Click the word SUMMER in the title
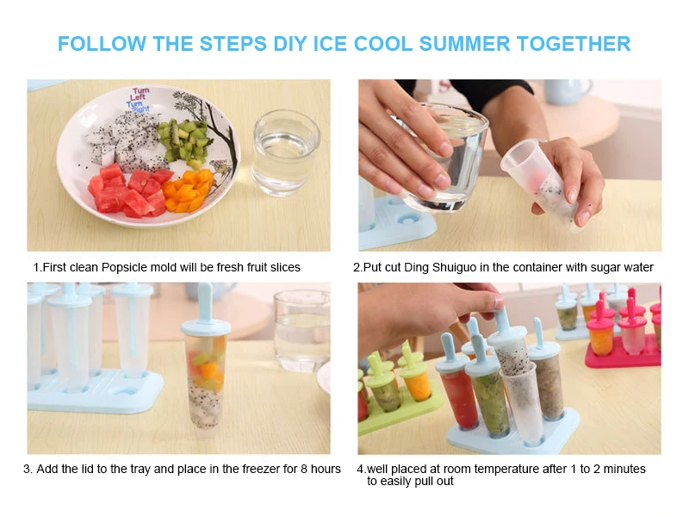(x=464, y=44)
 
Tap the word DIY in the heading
(x=290, y=44)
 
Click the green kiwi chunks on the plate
(x=183, y=140)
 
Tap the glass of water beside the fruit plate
(x=286, y=153)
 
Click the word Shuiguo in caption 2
(x=455, y=267)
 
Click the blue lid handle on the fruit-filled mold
(x=205, y=304)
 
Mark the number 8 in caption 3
(x=304, y=469)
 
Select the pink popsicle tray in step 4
(x=623, y=339)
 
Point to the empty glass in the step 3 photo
(x=301, y=331)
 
